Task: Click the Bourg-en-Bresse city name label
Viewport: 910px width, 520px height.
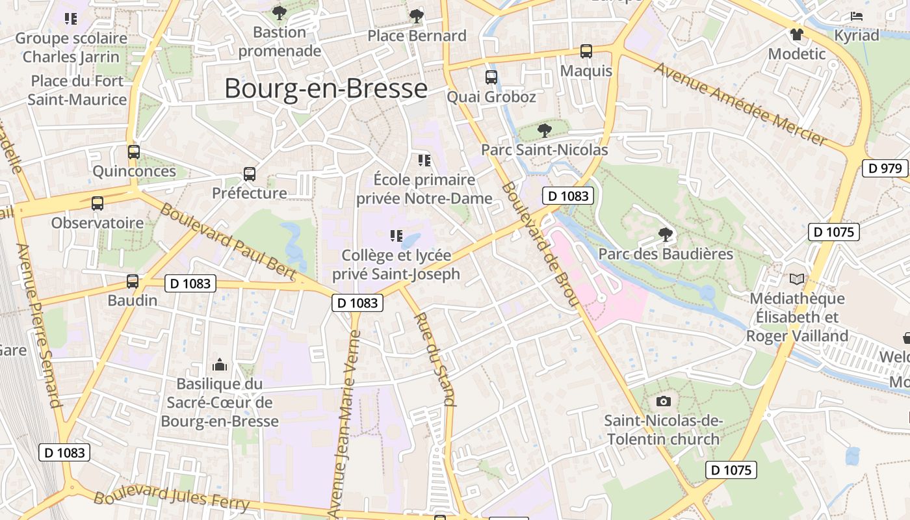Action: point(326,89)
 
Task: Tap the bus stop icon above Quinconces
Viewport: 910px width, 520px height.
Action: point(134,152)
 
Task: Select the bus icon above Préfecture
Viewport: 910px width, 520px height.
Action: point(250,174)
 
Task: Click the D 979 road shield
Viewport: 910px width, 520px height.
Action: point(885,168)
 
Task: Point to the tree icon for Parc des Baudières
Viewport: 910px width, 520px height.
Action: point(665,234)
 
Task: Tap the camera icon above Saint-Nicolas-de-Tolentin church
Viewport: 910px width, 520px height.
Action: point(663,401)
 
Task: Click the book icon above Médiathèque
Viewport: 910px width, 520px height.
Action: point(797,279)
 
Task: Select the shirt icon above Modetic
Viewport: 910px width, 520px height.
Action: point(797,34)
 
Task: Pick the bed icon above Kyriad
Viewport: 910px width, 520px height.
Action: point(857,16)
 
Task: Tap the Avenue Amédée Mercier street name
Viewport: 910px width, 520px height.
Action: point(741,104)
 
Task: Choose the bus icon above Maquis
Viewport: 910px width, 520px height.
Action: point(586,51)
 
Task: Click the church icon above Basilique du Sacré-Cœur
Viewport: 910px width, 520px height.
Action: point(220,364)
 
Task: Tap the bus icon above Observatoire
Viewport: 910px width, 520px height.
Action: point(97,203)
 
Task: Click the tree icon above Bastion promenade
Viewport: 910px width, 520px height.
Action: point(279,12)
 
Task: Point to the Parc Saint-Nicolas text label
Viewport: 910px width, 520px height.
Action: point(545,150)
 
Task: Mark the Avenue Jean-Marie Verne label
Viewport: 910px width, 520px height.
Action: point(345,422)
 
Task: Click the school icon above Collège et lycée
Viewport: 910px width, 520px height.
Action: point(396,235)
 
